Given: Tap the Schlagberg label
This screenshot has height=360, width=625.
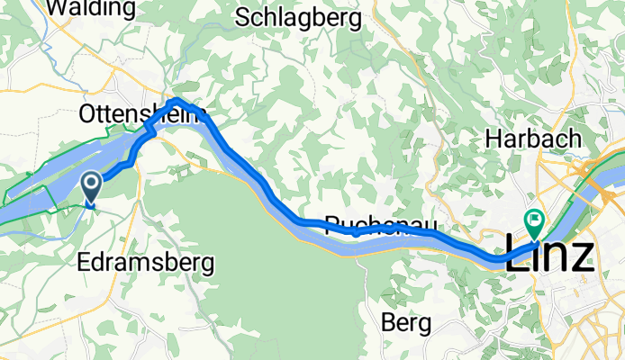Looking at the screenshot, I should (298, 17).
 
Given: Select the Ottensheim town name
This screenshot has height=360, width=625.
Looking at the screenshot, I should (144, 115).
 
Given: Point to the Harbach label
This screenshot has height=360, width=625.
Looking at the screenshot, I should (531, 139).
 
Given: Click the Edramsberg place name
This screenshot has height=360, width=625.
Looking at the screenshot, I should (145, 264).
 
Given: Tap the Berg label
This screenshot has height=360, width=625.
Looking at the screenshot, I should (404, 321).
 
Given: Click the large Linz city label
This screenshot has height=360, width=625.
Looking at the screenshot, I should (548, 257).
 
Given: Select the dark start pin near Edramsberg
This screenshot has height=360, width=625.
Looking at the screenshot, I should (92, 186).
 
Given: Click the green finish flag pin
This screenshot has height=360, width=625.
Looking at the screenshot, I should (535, 219).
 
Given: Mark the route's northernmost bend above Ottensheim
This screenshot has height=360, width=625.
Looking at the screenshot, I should (177, 100).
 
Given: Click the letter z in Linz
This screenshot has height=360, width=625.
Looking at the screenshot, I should (581, 258).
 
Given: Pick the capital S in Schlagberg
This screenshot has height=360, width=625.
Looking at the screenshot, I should (241, 17).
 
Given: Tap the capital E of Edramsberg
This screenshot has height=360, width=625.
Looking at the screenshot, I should (84, 264).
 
